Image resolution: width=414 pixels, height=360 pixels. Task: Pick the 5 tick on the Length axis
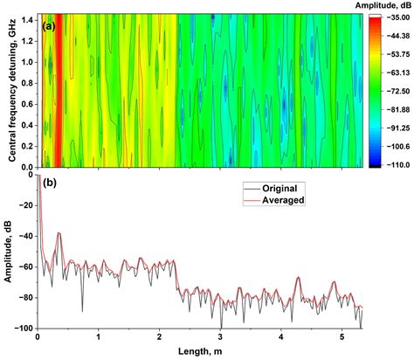342,337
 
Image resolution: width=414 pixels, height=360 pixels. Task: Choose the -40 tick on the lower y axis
26,236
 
